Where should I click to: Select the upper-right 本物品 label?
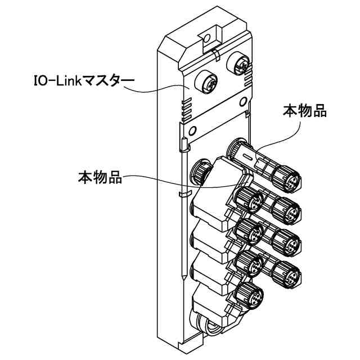pos(304,110)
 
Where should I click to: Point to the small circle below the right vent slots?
pos(242,101)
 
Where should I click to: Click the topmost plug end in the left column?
pos(247,197)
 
